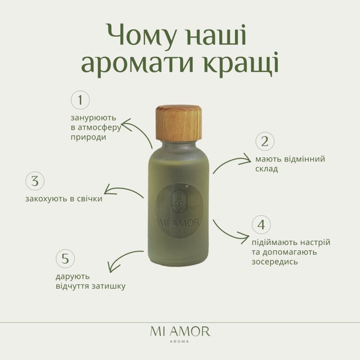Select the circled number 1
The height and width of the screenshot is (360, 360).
(80, 100)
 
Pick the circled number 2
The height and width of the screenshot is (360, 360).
(265, 141)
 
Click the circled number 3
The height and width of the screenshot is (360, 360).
(35, 181)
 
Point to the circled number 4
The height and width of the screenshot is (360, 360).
(261, 225)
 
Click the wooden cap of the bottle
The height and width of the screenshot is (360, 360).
(178, 124)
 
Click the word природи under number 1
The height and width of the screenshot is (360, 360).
(88, 137)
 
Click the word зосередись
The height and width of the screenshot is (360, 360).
(276, 262)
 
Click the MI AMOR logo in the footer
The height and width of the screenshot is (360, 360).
(180, 331)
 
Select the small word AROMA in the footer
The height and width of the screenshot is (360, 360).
(180, 341)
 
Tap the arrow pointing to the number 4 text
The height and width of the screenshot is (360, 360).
(230, 231)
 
